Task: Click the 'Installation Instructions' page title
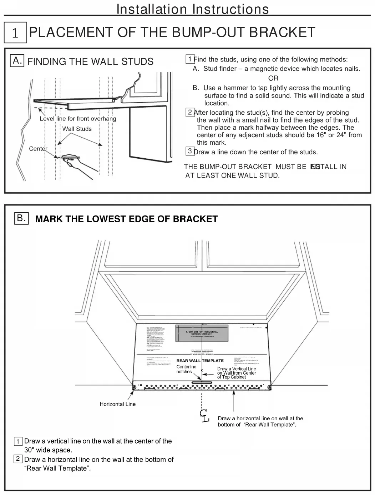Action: (x=193, y=9)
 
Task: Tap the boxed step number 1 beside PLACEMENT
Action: (x=15, y=33)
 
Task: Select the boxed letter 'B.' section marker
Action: (x=21, y=218)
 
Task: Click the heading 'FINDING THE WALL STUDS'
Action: (x=90, y=61)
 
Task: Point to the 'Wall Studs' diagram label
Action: (x=77, y=129)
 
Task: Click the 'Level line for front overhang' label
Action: (x=78, y=119)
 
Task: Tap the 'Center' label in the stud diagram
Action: (x=38, y=149)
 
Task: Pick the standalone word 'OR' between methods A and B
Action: (x=273, y=78)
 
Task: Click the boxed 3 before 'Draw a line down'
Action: (x=190, y=151)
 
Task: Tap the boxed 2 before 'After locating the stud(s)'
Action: (x=190, y=112)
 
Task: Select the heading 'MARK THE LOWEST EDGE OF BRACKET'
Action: (x=126, y=219)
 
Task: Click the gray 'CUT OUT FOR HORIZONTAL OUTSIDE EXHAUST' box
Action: (x=202, y=333)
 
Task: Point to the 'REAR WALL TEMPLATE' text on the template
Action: (x=200, y=361)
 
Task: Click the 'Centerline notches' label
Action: (x=186, y=369)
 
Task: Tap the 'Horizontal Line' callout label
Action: (x=117, y=404)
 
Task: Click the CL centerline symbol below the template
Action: (x=204, y=416)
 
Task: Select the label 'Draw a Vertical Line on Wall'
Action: (x=237, y=373)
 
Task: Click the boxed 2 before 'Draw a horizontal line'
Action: (x=18, y=459)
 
